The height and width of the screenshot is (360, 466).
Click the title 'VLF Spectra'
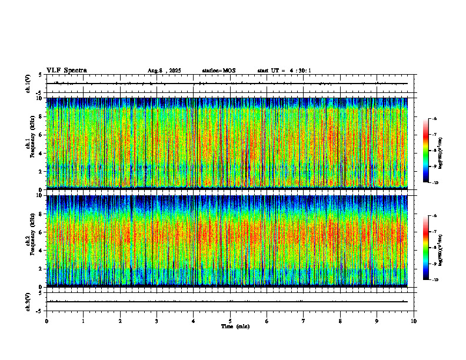tap(66, 70)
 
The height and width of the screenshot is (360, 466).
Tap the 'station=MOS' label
tap(218, 71)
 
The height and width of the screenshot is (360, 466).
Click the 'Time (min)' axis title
tap(235, 326)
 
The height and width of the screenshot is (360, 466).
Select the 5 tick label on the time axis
tap(230, 321)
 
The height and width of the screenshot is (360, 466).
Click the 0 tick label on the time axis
tap(46, 321)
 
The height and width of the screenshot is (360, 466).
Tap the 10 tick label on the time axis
tap(414, 321)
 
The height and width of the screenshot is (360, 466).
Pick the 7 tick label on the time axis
tap(304, 321)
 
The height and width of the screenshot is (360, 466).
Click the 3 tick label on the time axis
tap(157, 321)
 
